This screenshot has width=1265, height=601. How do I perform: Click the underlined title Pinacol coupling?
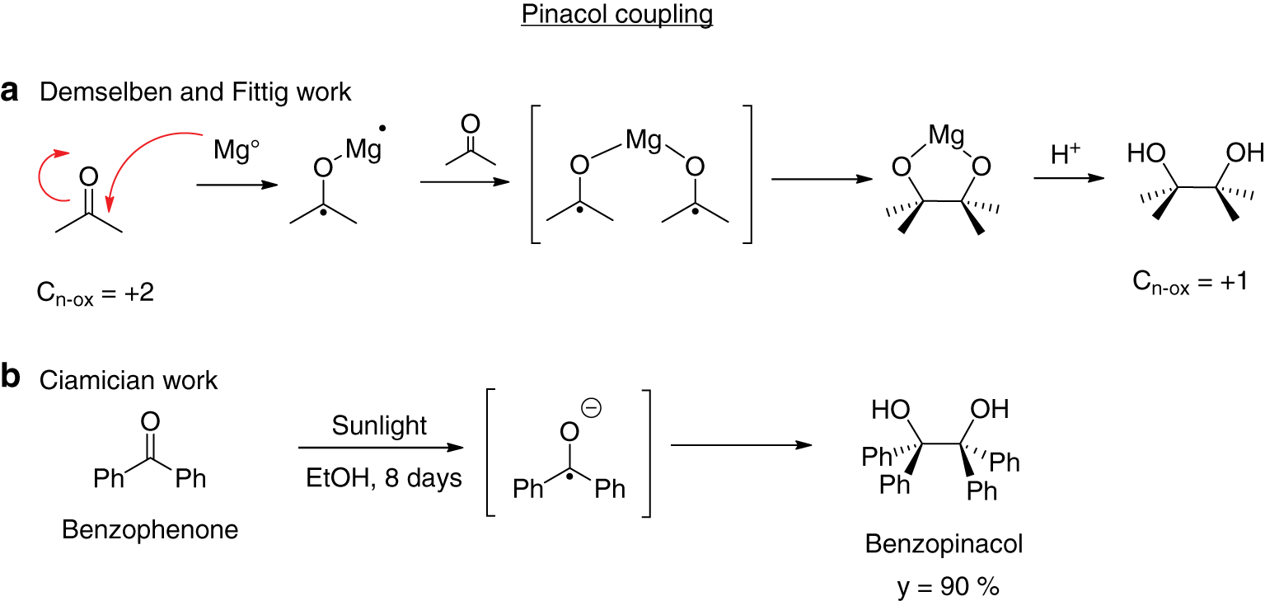point(616,16)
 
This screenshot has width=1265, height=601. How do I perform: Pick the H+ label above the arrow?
point(1066,153)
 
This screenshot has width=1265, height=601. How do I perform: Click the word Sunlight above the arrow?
point(379,425)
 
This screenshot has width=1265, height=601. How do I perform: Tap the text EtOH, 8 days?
point(379,478)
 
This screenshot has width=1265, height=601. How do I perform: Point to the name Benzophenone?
point(150,529)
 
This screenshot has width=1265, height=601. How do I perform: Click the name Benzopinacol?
point(944,544)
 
